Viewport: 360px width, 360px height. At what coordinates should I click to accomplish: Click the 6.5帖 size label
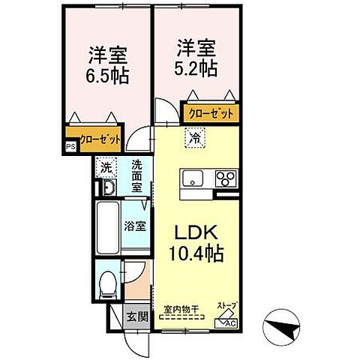coord(107,75)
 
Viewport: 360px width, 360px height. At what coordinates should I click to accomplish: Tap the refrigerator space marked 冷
coord(193,137)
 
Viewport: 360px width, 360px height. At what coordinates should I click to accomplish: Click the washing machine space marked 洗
coord(107,169)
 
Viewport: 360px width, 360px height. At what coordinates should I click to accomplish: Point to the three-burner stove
coord(224,179)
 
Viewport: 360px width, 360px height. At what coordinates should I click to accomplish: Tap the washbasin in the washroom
coord(107,188)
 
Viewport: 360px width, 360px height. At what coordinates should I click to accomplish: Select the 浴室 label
coord(136,224)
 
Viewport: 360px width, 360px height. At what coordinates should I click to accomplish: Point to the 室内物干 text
coord(178,307)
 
